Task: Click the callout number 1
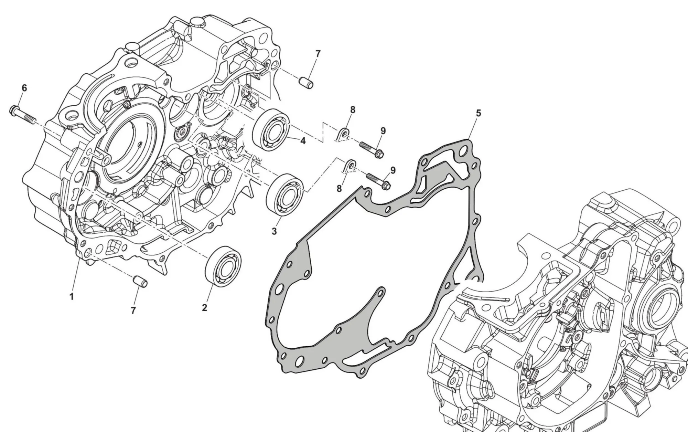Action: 72,296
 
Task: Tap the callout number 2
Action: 204,308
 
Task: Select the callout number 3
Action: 274,231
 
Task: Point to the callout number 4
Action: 303,140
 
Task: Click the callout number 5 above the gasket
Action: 479,113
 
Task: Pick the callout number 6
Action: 24,88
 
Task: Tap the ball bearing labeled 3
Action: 285,195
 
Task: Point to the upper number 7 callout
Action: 318,54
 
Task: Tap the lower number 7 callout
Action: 133,310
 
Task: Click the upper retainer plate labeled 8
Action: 344,135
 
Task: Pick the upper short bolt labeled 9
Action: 372,150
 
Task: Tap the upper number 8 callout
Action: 353,110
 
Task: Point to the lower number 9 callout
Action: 393,170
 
